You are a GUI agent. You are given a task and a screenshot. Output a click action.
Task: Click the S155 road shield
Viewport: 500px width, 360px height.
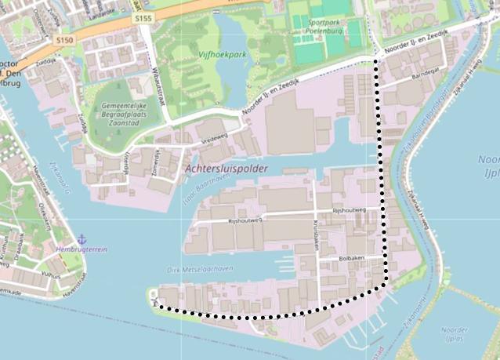click(143, 17)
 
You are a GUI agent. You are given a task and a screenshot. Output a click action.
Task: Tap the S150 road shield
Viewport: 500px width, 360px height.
click(65, 39)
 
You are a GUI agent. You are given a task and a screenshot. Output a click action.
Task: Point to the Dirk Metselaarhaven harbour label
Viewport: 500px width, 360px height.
click(201, 269)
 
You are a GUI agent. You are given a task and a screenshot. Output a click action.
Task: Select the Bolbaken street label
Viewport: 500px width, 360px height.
click(353, 256)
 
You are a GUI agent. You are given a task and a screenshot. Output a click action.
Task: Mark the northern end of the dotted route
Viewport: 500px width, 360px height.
click(380, 58)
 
